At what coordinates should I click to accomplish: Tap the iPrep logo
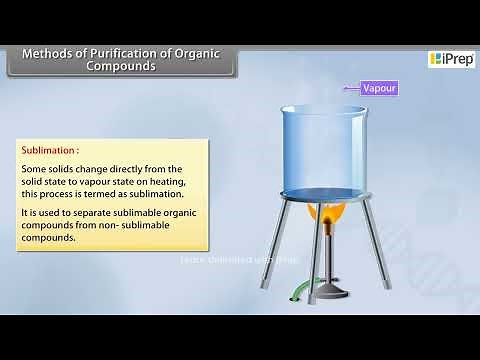(450, 59)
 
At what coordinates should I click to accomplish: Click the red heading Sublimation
(51, 151)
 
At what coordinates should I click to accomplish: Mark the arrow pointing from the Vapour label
(350, 88)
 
